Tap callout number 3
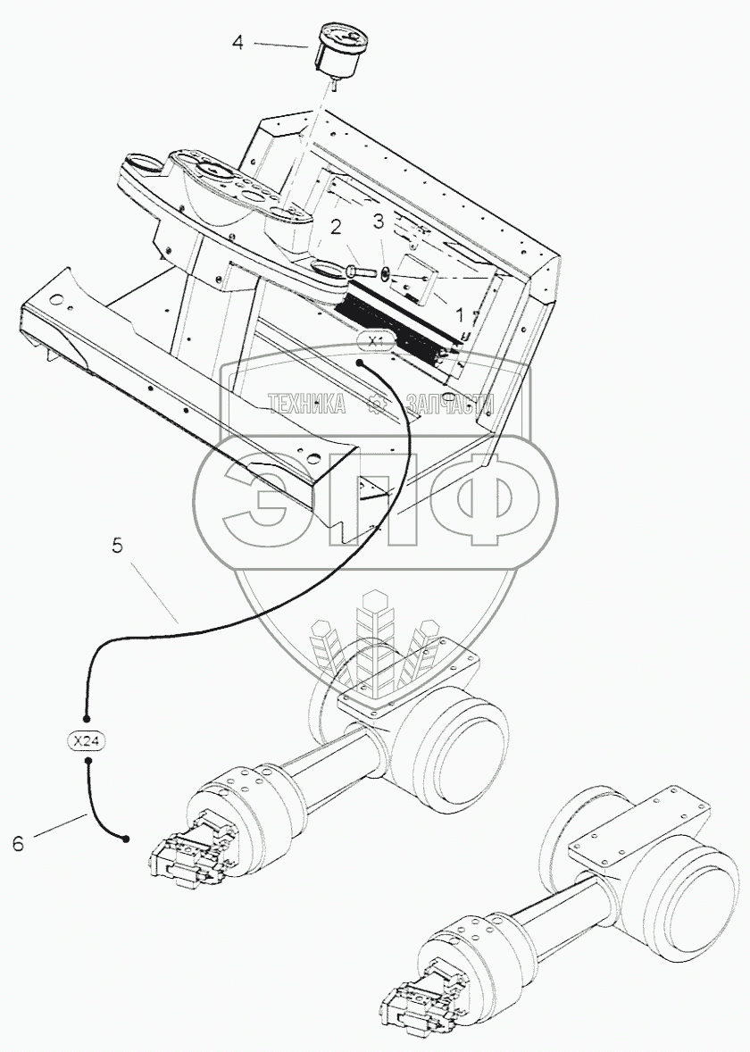pyautogui.click(x=379, y=221)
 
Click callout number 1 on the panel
pyautogui.click(x=460, y=315)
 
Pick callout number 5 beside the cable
pyautogui.click(x=117, y=546)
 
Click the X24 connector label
pyautogui.click(x=87, y=740)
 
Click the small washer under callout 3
pyautogui.click(x=384, y=273)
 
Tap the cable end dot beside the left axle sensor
pyautogui.click(x=126, y=839)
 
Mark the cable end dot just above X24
pyautogui.click(x=87, y=718)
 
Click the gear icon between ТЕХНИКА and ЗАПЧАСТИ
pyautogui.click(x=377, y=405)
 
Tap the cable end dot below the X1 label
pyautogui.click(x=359, y=363)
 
